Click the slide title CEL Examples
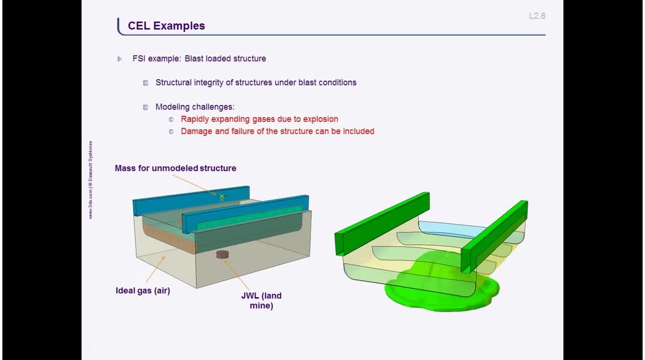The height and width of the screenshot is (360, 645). click(166, 26)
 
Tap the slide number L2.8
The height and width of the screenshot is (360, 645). click(537, 16)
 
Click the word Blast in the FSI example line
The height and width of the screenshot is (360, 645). click(195, 58)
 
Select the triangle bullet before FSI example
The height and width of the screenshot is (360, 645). click(120, 59)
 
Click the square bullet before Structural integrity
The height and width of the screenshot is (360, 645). click(146, 83)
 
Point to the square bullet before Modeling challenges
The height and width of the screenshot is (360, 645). click(146, 107)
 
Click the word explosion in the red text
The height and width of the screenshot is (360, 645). click(320, 119)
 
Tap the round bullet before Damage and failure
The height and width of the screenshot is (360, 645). click(171, 132)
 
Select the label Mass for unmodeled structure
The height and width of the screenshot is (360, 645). click(175, 168)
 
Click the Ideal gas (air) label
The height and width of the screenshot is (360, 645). click(143, 290)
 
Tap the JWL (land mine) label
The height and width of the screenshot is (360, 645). click(261, 301)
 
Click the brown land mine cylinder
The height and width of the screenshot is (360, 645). click(222, 255)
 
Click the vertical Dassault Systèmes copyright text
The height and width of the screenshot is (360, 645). click(91, 180)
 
